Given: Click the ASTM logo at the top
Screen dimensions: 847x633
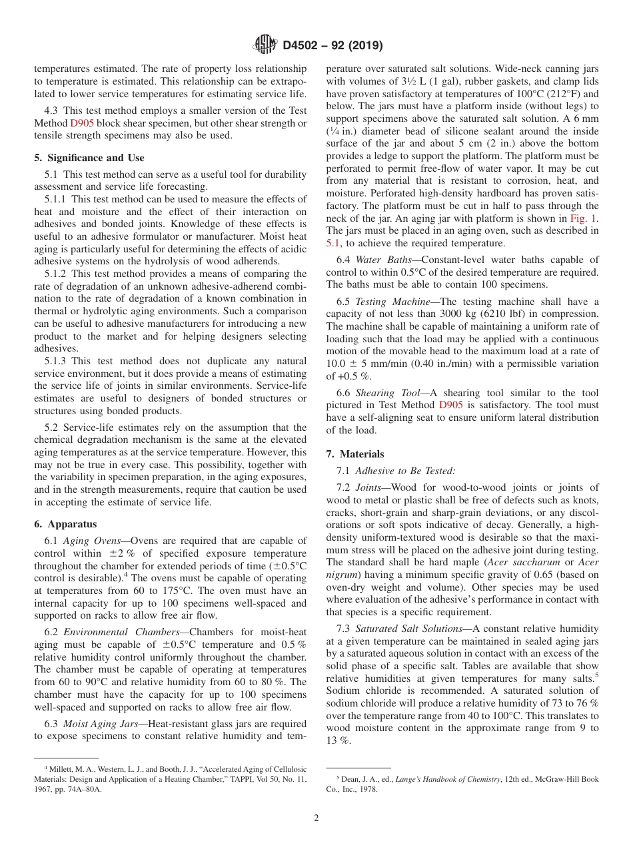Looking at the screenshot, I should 265,45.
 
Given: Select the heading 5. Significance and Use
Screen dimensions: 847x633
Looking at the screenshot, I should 89,158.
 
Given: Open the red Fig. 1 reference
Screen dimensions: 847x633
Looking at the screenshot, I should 584,218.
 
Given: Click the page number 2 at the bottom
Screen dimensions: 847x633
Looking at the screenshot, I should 316,818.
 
